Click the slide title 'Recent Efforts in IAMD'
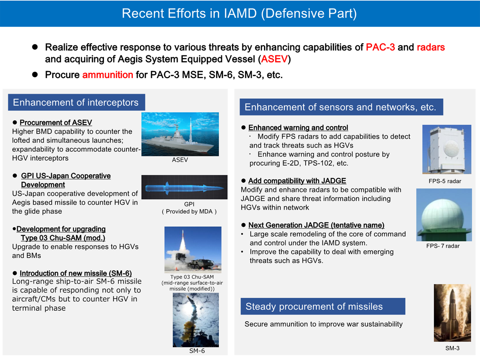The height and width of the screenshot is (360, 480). tap(239, 13)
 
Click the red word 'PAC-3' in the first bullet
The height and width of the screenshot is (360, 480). tap(380, 47)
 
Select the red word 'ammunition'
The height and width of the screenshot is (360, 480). tap(108, 75)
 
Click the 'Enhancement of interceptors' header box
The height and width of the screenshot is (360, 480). tap(76, 102)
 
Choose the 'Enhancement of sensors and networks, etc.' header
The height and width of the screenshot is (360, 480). tap(340, 107)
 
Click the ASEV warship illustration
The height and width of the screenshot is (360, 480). tap(180, 134)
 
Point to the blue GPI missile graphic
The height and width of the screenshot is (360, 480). tap(184, 187)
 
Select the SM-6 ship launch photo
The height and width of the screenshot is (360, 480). tap(196, 320)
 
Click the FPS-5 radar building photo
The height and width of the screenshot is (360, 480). tap(446, 149)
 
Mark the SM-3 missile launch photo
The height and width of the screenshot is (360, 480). tap(452, 312)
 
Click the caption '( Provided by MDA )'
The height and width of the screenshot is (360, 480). tap(189, 212)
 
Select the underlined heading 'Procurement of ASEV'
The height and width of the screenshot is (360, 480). tap(56, 123)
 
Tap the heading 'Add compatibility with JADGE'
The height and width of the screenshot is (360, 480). tap(297, 181)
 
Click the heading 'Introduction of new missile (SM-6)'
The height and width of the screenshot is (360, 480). tap(76, 273)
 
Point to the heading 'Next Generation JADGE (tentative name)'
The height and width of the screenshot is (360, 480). tap(316, 225)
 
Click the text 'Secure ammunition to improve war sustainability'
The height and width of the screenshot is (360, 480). tap(323, 324)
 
